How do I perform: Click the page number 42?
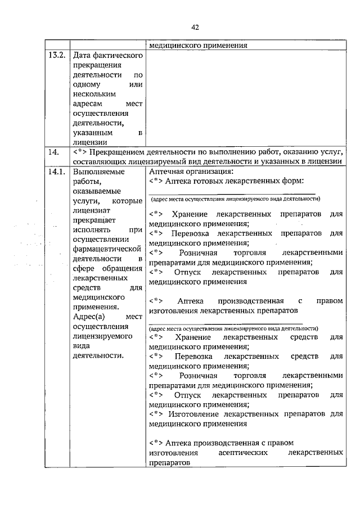pyautogui.click(x=195, y=28)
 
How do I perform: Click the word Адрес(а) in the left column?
pyautogui.click(x=89, y=317)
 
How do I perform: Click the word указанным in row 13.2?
pyautogui.click(x=92, y=132)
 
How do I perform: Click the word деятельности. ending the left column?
pyautogui.click(x=97, y=355)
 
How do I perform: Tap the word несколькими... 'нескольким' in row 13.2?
pyautogui.click(x=94, y=93)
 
